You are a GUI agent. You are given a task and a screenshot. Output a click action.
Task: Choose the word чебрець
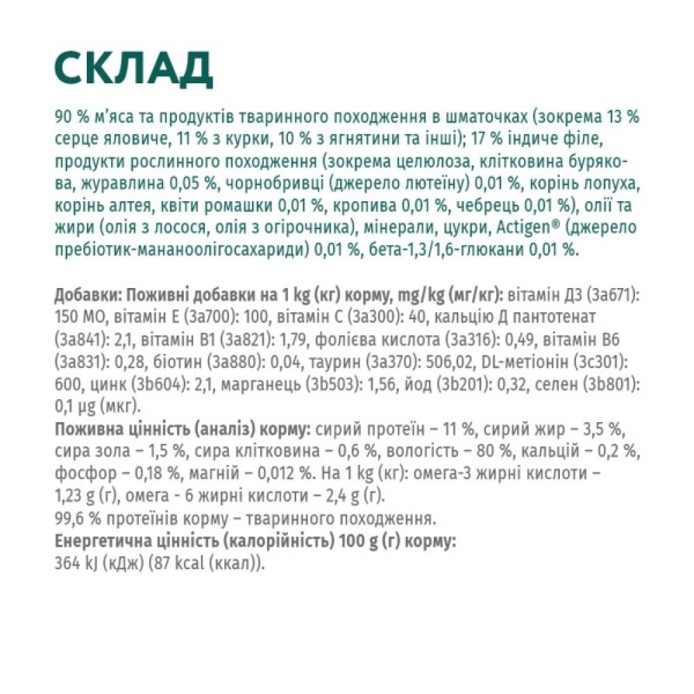pyautogui.click(x=482, y=207)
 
